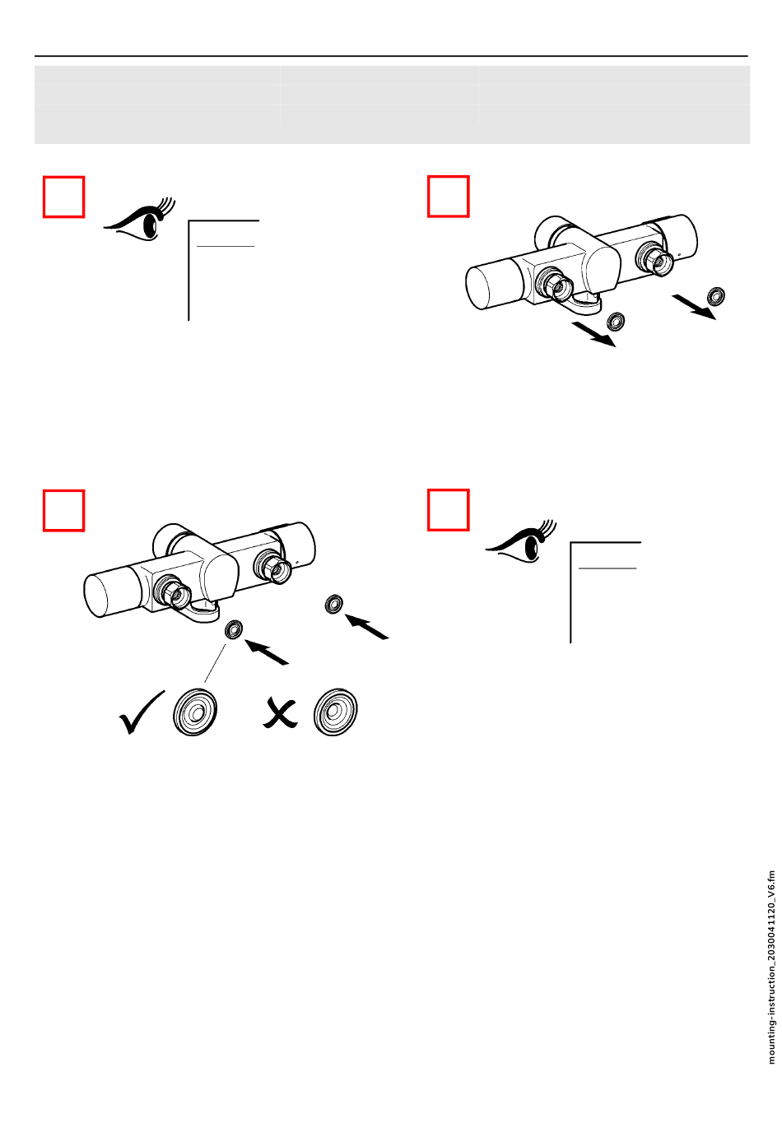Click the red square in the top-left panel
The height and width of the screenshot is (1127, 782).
tap(63, 197)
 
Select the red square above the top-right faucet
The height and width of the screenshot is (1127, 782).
tap(448, 197)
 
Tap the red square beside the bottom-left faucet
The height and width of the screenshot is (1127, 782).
tap(63, 510)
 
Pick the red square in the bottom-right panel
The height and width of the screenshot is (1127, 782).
tap(448, 510)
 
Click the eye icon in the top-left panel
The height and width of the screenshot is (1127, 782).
tap(139, 220)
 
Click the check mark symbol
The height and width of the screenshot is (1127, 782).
tap(142, 712)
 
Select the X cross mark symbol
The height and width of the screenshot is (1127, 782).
tap(281, 712)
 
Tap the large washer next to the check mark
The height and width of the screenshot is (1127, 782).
tap(195, 712)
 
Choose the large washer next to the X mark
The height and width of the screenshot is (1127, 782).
tap(335, 712)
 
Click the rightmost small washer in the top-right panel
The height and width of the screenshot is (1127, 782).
tap(716, 296)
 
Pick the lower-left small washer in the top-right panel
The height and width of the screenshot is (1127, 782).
tap(616, 322)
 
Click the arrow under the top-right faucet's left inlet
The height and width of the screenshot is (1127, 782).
tap(593, 335)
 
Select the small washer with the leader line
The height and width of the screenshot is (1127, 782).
tap(234, 629)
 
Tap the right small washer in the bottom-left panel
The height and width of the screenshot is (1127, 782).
tap(334, 604)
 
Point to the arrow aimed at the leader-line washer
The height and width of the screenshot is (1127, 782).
tap(267, 652)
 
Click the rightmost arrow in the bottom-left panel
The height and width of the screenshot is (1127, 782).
tap(367, 626)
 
